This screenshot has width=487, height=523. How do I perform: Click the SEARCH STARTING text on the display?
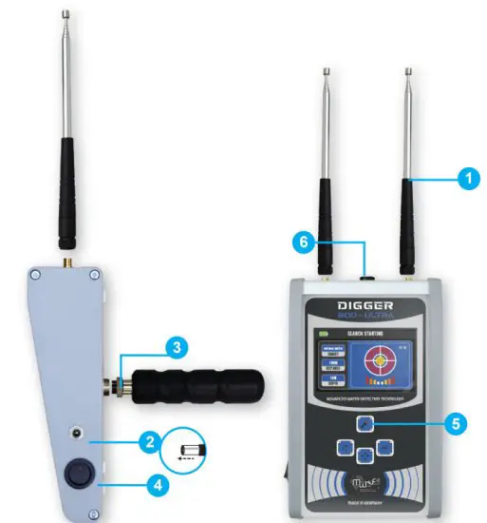pos(355,334)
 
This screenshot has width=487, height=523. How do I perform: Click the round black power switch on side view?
pos(75,475)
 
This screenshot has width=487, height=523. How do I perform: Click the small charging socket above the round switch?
pos(75,434)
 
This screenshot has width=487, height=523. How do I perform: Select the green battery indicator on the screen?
pos(321,334)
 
